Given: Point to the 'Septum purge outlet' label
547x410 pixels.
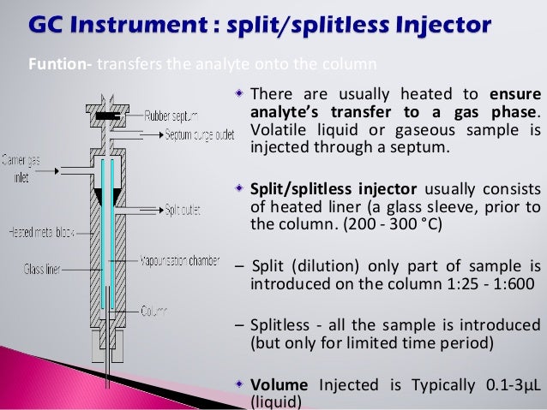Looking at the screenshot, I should (x=185, y=134).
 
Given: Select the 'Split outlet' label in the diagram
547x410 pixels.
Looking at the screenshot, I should (x=182, y=209).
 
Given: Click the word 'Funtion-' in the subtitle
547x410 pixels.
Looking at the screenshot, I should (x=52, y=63).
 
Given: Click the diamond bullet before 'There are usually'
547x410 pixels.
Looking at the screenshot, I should (x=241, y=92).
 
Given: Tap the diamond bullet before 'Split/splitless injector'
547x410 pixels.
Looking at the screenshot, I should (x=241, y=187).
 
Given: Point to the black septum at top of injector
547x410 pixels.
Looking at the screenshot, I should (x=107, y=115).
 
